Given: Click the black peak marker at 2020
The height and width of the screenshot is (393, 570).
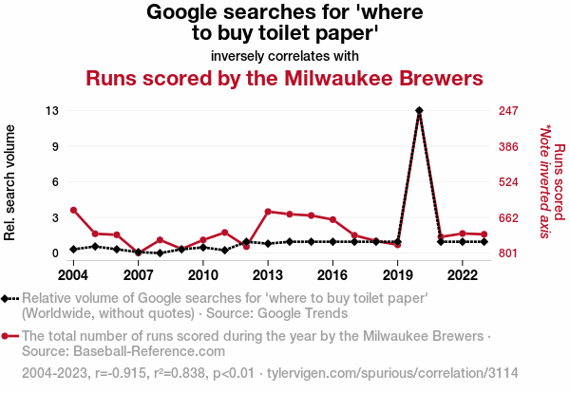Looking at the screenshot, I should point(419,111).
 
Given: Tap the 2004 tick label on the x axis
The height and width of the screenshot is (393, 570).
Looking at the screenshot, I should point(73,275).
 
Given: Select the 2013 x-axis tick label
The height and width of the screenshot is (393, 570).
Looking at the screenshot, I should point(268,275).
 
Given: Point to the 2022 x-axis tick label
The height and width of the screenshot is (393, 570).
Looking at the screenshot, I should point(462,275).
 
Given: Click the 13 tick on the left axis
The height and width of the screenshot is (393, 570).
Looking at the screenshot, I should point(53,111).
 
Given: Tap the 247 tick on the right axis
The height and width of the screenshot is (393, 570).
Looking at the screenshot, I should point(508,111).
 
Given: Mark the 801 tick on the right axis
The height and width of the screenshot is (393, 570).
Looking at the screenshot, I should point(508,253).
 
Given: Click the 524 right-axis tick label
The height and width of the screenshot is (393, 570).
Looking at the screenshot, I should point(508,182).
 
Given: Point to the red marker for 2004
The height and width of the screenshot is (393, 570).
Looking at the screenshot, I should point(73,210).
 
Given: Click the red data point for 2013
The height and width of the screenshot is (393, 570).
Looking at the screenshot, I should point(268,212).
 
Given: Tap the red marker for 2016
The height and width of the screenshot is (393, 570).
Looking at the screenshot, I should point(332,219).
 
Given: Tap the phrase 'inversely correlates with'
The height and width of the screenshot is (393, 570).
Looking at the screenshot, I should point(285,54).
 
